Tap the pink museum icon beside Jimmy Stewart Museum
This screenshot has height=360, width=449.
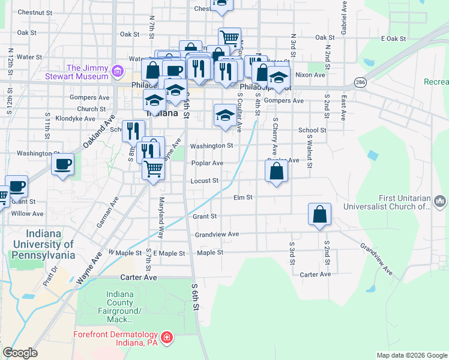118,74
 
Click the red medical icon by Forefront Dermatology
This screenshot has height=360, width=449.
166,338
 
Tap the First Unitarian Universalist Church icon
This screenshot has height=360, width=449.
440,200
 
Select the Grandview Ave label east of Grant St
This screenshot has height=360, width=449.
217,234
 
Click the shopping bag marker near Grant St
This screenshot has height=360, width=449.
320,215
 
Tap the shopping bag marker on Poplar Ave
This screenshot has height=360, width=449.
276,171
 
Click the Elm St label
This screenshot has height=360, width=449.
244,197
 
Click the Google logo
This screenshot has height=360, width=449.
20,353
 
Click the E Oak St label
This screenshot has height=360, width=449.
393,38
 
